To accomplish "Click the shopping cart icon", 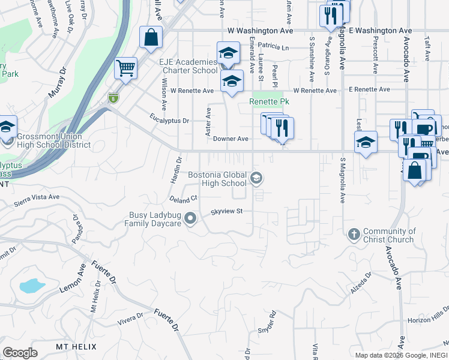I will (125, 68).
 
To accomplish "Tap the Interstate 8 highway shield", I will (113, 97).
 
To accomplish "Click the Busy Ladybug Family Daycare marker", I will (190, 219).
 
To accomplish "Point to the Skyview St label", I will (226, 211).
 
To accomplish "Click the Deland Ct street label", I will (184, 197).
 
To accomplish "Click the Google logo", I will (20, 353).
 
